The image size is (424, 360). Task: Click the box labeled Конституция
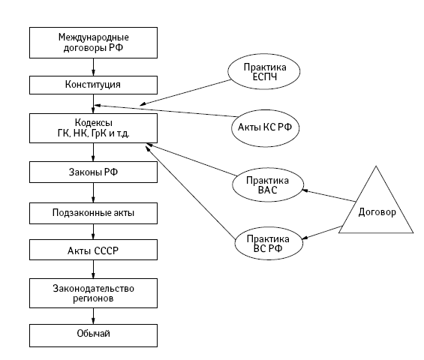point(93,85)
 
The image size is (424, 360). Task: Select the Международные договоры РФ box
point(93,43)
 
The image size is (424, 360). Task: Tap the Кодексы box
point(93,128)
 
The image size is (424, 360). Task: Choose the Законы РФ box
point(93,172)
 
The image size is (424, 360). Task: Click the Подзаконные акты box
point(93,214)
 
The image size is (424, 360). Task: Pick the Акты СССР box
point(93,250)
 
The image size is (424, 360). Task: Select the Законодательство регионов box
point(93,293)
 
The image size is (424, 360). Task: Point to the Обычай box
point(93,335)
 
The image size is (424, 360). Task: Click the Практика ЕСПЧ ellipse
point(263,71)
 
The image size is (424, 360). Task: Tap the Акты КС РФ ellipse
point(265,128)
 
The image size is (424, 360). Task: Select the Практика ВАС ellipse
point(268,184)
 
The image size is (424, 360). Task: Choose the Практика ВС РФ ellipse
point(269,243)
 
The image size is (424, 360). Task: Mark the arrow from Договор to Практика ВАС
point(329,196)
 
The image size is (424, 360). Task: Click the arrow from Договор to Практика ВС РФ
point(322,232)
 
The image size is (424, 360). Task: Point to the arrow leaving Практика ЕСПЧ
point(185,92)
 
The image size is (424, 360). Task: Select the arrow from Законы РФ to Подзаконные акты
point(93,193)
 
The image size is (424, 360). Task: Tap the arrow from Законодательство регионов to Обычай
point(93,316)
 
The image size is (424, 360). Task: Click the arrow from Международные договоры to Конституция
point(93,67)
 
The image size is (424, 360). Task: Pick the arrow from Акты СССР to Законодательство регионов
point(93,269)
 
